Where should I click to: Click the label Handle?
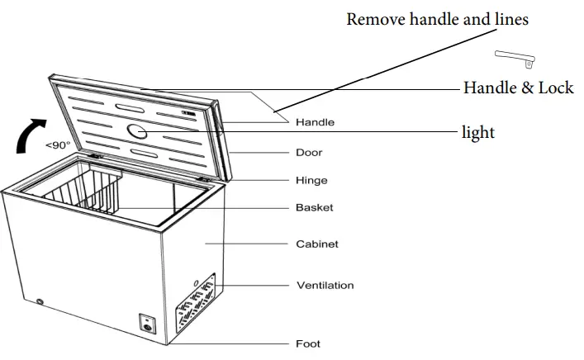coord(315,122)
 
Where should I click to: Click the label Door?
coord(309,153)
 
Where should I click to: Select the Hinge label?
coord(311,181)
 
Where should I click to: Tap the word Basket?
coord(315,208)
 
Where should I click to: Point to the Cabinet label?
coord(317,244)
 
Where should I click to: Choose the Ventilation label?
coord(325,286)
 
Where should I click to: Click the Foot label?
coord(308,343)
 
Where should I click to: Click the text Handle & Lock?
coord(518,88)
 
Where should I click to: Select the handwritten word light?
coord(478,131)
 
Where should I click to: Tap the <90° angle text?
coord(58,145)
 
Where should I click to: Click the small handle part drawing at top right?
coord(515,57)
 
